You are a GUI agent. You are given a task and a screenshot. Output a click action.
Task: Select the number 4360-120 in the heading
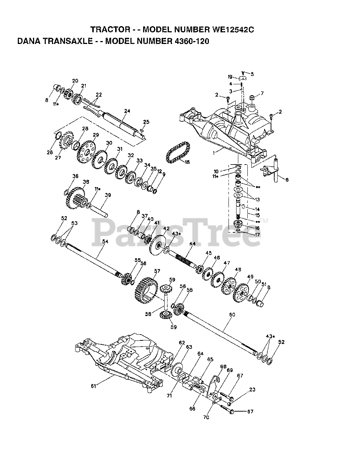tap(189, 41)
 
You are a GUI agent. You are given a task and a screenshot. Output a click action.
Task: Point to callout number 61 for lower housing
tap(93, 386)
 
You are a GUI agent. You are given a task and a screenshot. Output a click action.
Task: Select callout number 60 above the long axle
tap(232, 314)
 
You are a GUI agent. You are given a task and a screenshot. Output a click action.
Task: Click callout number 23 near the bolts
tap(252, 389)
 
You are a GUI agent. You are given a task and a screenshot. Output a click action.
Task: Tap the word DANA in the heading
tap(30, 41)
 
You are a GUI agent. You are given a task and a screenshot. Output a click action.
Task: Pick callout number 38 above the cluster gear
tap(86, 182)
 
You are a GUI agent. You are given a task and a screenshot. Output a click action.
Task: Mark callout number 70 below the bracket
tap(206, 417)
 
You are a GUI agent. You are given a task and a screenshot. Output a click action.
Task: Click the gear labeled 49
tap(241, 291)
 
